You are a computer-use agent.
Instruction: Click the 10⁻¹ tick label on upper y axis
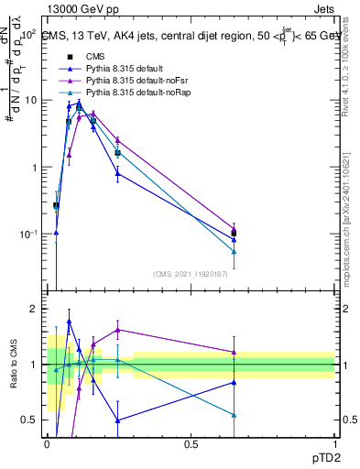point(27,234)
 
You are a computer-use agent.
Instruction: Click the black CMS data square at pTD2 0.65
point(234,233)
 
